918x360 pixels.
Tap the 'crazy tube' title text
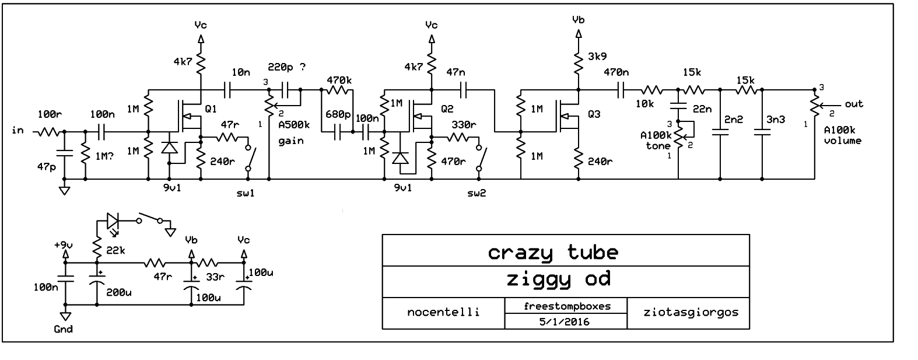(x=552, y=252)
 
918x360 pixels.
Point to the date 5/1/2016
(x=565, y=321)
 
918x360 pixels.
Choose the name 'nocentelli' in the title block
(x=443, y=312)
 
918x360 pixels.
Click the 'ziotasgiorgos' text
(x=688, y=312)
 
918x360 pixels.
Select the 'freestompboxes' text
(x=565, y=305)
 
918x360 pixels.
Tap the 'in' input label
(x=18, y=130)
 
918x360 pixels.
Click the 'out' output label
(x=854, y=104)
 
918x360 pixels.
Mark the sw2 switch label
(x=477, y=193)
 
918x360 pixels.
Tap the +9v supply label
(x=64, y=244)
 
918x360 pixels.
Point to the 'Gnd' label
(x=63, y=329)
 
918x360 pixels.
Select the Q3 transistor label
(x=594, y=114)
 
